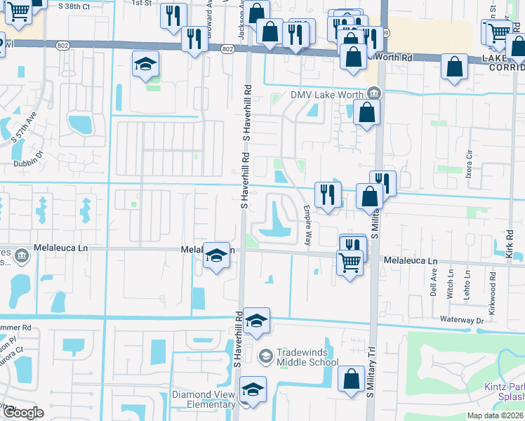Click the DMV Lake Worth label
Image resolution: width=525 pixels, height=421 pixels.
[x=327, y=95]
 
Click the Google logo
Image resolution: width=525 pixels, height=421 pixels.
[x=23, y=412]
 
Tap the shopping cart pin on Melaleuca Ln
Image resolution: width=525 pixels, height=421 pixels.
[x=350, y=264]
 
